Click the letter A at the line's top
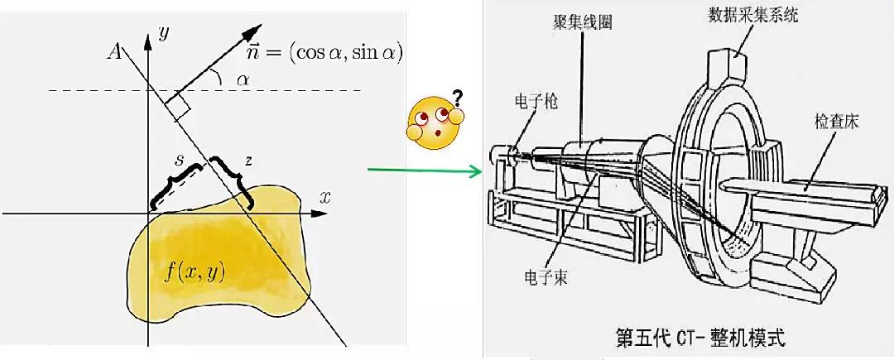coord(114,52)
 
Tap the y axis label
coord(164,34)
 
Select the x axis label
coord(325,198)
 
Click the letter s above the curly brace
coord(179,161)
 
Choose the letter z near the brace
coord(248,161)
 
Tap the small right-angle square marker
coord(178,108)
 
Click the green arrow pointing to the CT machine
coord(425,170)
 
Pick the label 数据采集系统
coord(750,16)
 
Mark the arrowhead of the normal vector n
coord(254,30)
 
